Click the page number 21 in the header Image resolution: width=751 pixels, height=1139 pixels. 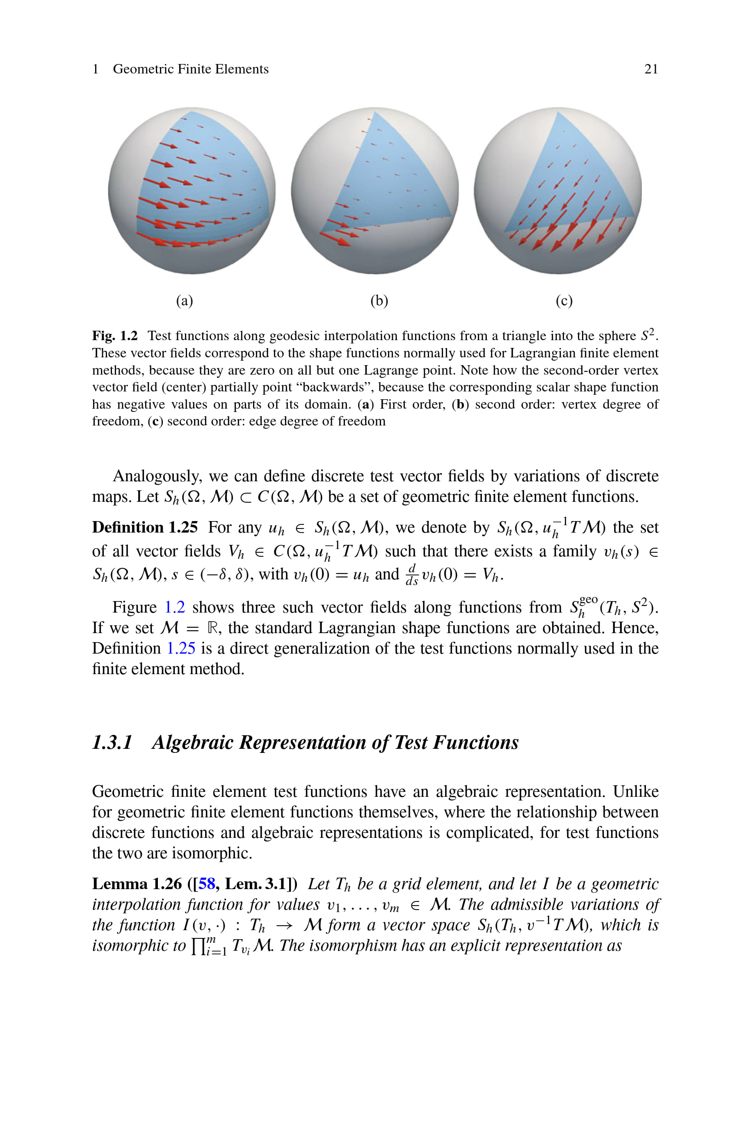(651, 69)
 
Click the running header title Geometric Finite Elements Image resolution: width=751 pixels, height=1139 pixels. (191, 69)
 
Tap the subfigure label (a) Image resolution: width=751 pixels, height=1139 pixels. (185, 300)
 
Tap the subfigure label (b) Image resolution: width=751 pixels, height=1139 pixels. (379, 300)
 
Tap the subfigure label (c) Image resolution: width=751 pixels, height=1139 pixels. (564, 300)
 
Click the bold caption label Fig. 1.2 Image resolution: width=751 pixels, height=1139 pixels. (114, 335)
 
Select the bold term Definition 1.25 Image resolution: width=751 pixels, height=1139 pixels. (145, 527)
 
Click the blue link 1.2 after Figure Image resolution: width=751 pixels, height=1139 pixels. (175, 607)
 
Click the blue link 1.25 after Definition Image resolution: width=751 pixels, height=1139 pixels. (180, 648)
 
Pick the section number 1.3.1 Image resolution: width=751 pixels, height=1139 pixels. (112, 742)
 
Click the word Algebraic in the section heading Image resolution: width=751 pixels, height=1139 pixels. (193, 742)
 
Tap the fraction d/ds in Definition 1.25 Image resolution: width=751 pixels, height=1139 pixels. (411, 575)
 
